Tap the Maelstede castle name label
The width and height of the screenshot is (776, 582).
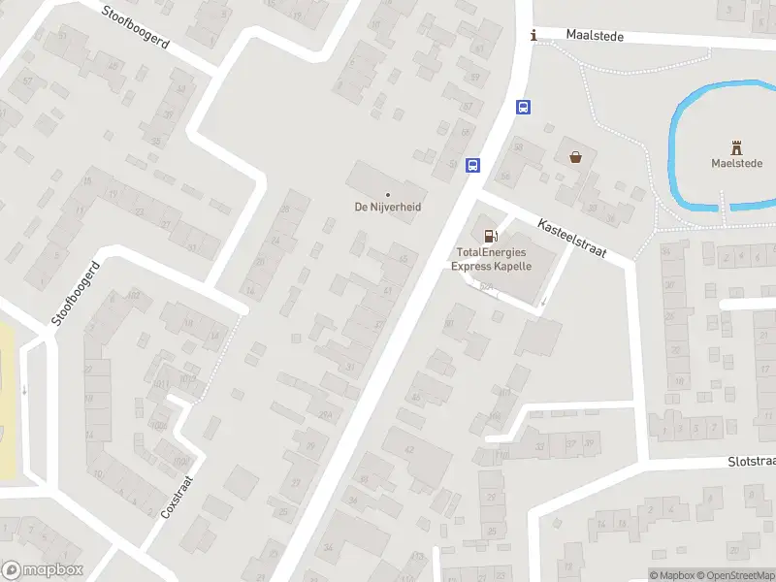(736, 164)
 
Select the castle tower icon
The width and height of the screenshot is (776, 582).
(736, 147)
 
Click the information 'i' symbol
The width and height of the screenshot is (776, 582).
(533, 36)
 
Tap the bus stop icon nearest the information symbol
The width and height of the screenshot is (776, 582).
(523, 108)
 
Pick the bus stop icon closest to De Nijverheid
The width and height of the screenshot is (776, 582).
(472, 165)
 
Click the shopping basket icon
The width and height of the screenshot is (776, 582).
(576, 156)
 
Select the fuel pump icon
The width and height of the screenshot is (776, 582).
(491, 235)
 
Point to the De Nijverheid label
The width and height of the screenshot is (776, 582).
(387, 207)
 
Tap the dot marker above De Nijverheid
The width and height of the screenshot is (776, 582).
(388, 194)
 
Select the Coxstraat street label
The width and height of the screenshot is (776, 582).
(178, 496)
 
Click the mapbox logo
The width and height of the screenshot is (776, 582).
(43, 570)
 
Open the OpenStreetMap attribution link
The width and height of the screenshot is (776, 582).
(737, 576)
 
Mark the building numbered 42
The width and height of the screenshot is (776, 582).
(408, 449)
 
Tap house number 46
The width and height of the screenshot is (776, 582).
(416, 397)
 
